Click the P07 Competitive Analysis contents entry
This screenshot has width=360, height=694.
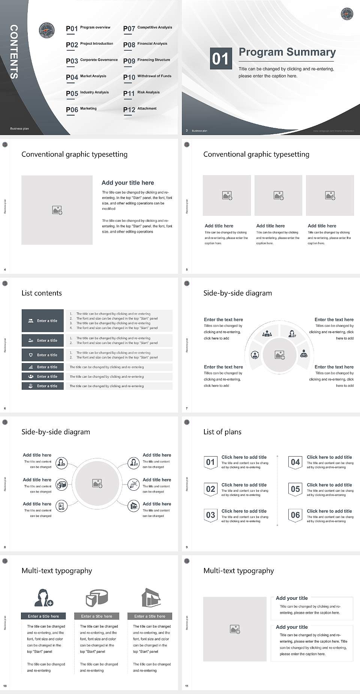pos(148,28)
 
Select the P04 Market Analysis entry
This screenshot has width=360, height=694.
pos(86,77)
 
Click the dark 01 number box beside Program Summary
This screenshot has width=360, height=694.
pos(220,59)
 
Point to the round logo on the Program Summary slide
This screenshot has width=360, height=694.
pos(347,14)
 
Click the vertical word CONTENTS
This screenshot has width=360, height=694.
pos(13,52)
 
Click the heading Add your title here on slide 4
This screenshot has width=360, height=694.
pos(127,183)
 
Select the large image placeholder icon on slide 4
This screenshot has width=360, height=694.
pos(57,210)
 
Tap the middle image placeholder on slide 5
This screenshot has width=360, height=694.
pos(278,195)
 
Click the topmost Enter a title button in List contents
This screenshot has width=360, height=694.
pos(43,321)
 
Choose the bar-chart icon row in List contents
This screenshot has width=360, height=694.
pos(43,367)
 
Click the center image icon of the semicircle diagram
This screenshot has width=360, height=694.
pos(280,355)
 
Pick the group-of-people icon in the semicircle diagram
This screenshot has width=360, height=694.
pos(267,333)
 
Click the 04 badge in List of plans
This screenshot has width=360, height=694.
pos(295,463)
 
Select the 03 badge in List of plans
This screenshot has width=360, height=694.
pos(210,515)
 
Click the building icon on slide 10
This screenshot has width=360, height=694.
pos(151,598)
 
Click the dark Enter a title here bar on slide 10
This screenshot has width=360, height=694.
pos(43,616)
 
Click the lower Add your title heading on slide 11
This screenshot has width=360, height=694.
pos(292,627)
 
